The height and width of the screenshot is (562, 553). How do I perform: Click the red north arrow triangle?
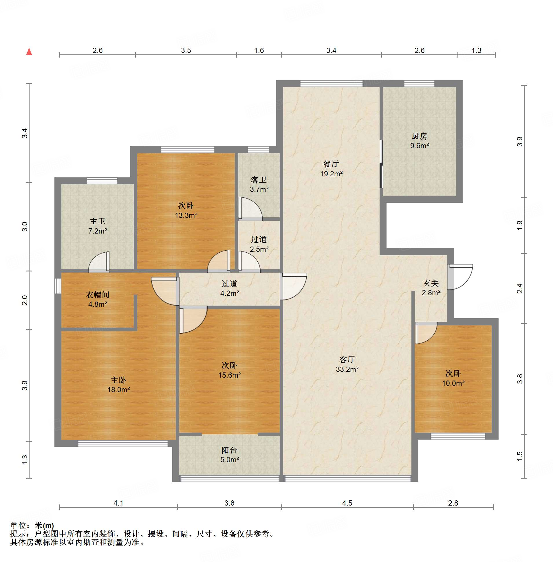point(29,52)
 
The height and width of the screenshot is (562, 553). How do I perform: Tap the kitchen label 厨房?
point(420,136)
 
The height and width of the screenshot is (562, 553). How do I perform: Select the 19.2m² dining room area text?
point(332,174)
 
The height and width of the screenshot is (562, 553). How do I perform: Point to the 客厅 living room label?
point(347,359)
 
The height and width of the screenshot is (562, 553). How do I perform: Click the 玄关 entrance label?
point(431,283)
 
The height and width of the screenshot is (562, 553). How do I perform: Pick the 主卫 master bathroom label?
point(98,221)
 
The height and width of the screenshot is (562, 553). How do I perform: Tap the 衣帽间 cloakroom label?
point(98,295)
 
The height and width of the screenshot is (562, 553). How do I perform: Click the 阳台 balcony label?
point(229,450)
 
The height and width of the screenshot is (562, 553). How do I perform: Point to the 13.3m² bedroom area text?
point(186,215)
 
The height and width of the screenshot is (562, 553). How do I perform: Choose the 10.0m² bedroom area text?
point(453,383)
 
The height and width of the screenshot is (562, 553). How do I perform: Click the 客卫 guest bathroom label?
point(259,180)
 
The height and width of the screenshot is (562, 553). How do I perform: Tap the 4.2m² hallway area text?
point(229,293)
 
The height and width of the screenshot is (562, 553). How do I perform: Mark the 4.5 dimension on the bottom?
point(347,503)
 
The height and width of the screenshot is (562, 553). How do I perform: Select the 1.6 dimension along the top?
point(259,51)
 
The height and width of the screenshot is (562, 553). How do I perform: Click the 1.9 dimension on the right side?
point(520,225)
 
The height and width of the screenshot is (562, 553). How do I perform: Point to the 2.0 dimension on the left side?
point(25,300)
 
